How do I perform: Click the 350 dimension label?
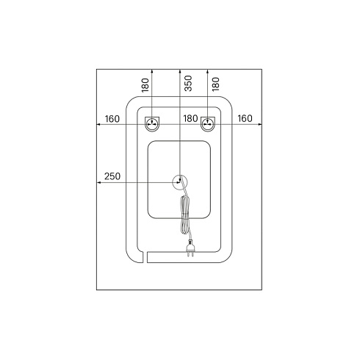click(x=188, y=84)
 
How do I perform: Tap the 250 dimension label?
click(x=112, y=176)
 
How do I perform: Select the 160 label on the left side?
click(x=112, y=119)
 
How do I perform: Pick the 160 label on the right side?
click(x=245, y=118)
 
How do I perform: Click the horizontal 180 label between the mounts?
click(x=190, y=118)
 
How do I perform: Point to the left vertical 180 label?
click(x=145, y=85)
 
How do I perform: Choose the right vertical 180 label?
click(x=216, y=84)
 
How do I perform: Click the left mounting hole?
click(x=152, y=124)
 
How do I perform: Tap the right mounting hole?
click(x=208, y=124)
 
